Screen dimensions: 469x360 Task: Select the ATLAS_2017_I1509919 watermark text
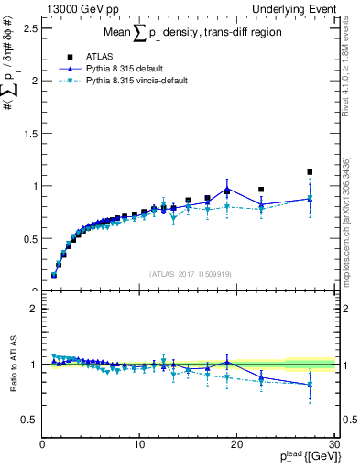[x=189, y=273]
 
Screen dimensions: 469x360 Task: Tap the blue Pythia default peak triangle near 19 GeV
[x=226, y=189]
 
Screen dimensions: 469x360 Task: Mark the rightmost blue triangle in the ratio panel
[x=310, y=385]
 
